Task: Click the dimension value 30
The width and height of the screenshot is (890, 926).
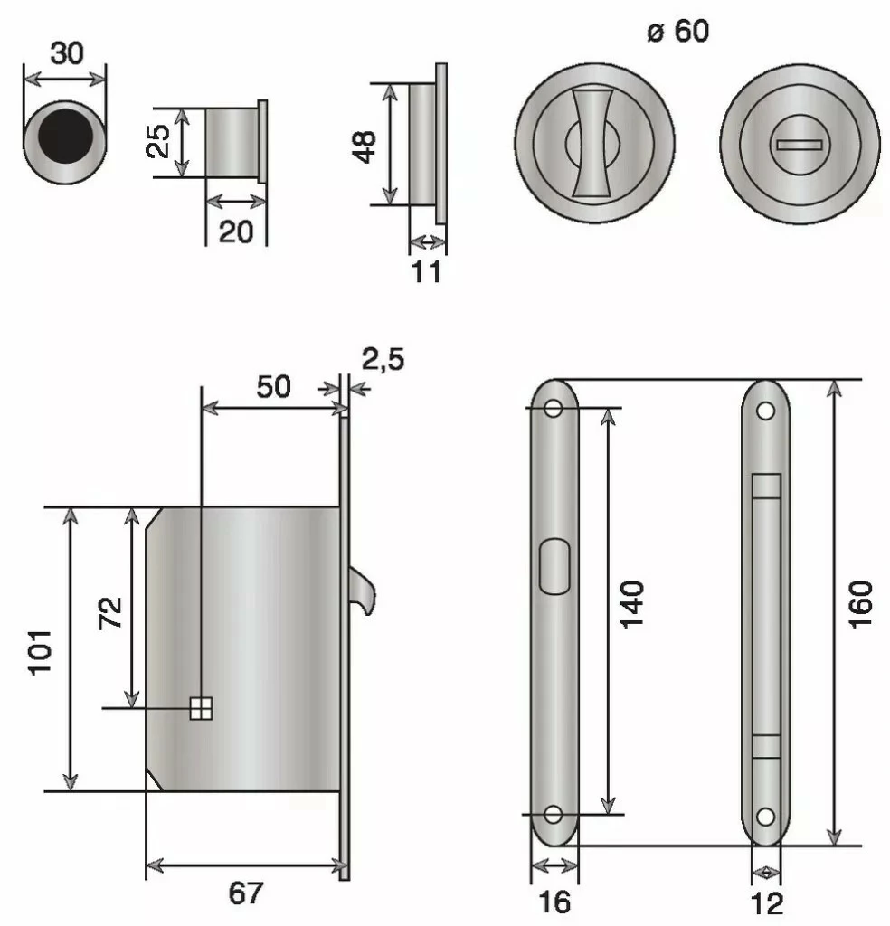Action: point(67,53)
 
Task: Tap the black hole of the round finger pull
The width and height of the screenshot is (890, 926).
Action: point(65,136)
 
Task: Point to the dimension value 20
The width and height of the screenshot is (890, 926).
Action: point(236,231)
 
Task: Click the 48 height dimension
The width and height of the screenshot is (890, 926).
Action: point(365,146)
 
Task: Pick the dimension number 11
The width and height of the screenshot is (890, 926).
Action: point(426,272)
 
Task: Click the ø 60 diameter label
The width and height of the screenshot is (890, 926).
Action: point(678,31)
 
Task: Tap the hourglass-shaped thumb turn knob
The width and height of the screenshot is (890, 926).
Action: point(592,143)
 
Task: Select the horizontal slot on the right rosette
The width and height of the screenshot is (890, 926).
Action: point(800,145)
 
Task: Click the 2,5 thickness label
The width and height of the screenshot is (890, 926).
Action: point(383,359)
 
